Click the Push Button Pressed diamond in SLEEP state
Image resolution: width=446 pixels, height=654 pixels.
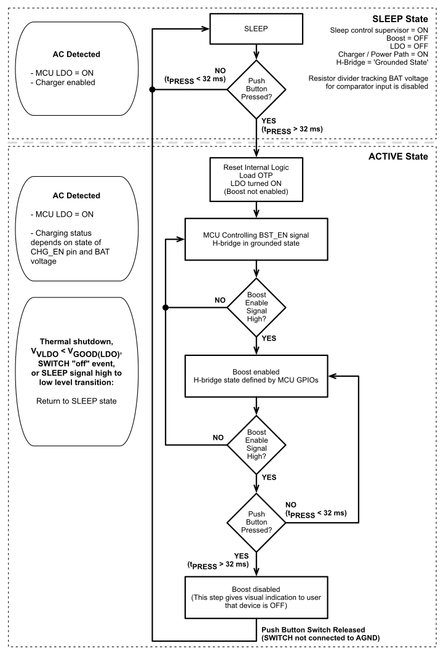click(x=256, y=89)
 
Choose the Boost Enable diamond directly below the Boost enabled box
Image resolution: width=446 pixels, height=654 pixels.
click(x=256, y=444)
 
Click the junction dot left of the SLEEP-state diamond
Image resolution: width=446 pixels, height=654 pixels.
click(x=152, y=90)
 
